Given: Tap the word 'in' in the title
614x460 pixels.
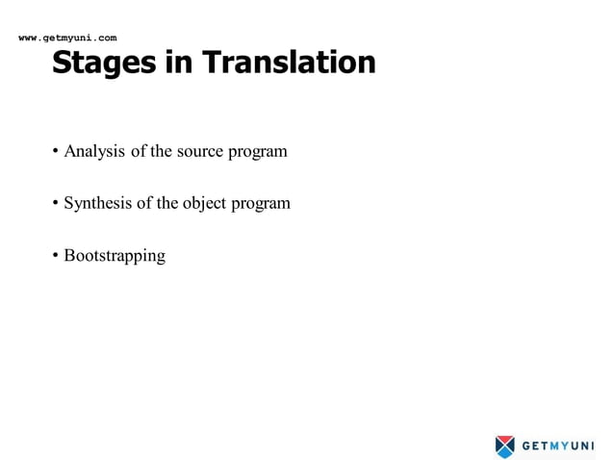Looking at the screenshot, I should pos(178,62).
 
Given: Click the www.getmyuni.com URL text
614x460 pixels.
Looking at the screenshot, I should pos(67,38).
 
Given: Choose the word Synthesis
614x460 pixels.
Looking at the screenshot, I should pos(97,204).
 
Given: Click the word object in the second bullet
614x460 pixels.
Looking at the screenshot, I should pos(204,204).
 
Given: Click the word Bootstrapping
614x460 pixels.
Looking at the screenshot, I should pos(115,257).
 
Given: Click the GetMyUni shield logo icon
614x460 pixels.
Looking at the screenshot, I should pos(505,446).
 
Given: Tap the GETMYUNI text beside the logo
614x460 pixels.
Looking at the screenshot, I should pos(558,446).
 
